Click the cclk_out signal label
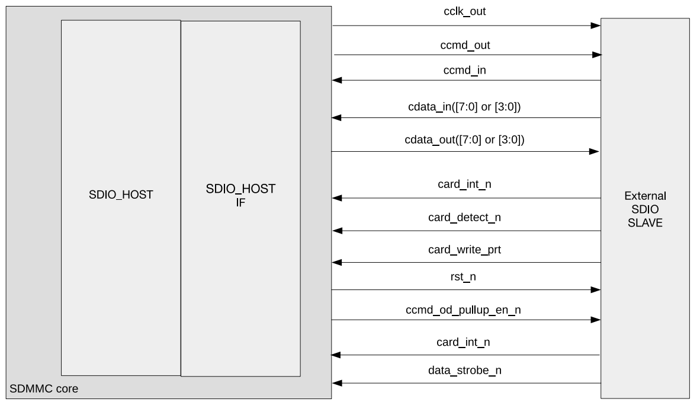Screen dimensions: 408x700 click(464, 11)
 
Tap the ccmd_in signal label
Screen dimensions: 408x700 click(465, 70)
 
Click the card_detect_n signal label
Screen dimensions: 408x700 click(464, 218)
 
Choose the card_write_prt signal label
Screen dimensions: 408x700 click(464, 250)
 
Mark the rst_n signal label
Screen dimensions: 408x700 click(465, 278)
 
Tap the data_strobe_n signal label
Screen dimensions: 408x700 click(465, 371)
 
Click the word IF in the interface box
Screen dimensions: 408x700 click(240, 202)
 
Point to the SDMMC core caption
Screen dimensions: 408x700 click(44, 390)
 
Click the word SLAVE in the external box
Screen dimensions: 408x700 click(645, 224)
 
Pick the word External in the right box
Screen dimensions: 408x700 click(645, 196)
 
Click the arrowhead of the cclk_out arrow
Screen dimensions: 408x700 click(596, 26)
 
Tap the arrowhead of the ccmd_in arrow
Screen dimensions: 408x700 click(336, 80)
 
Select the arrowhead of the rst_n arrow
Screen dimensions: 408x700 click(596, 290)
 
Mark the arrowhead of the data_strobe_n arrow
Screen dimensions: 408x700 click(336, 383)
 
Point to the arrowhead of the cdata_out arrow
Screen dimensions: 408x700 click(595, 152)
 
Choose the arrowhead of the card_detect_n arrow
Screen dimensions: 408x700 click(336, 231)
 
